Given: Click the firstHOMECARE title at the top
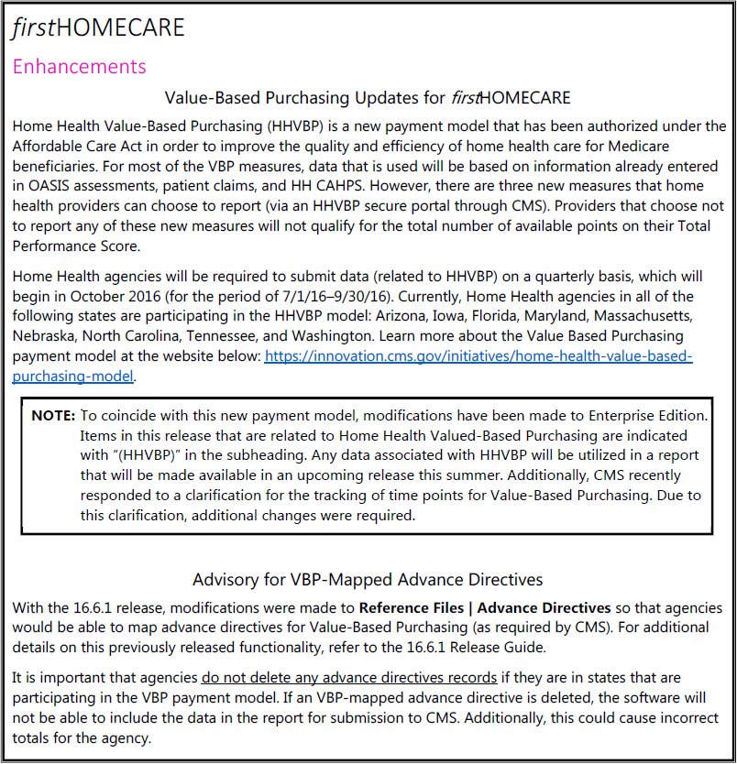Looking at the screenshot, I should (98, 27).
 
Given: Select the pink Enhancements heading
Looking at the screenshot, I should (79, 66).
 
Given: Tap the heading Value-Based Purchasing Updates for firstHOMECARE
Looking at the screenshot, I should (368, 97).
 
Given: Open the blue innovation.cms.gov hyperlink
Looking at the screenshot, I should (478, 355).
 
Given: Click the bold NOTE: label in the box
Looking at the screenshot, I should (53, 415).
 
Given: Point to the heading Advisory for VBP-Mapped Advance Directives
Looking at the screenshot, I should (368, 579).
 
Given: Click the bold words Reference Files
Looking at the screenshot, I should (412, 607).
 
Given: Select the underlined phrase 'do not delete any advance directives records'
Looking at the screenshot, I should (336, 678).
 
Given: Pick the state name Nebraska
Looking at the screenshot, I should (46, 336).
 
